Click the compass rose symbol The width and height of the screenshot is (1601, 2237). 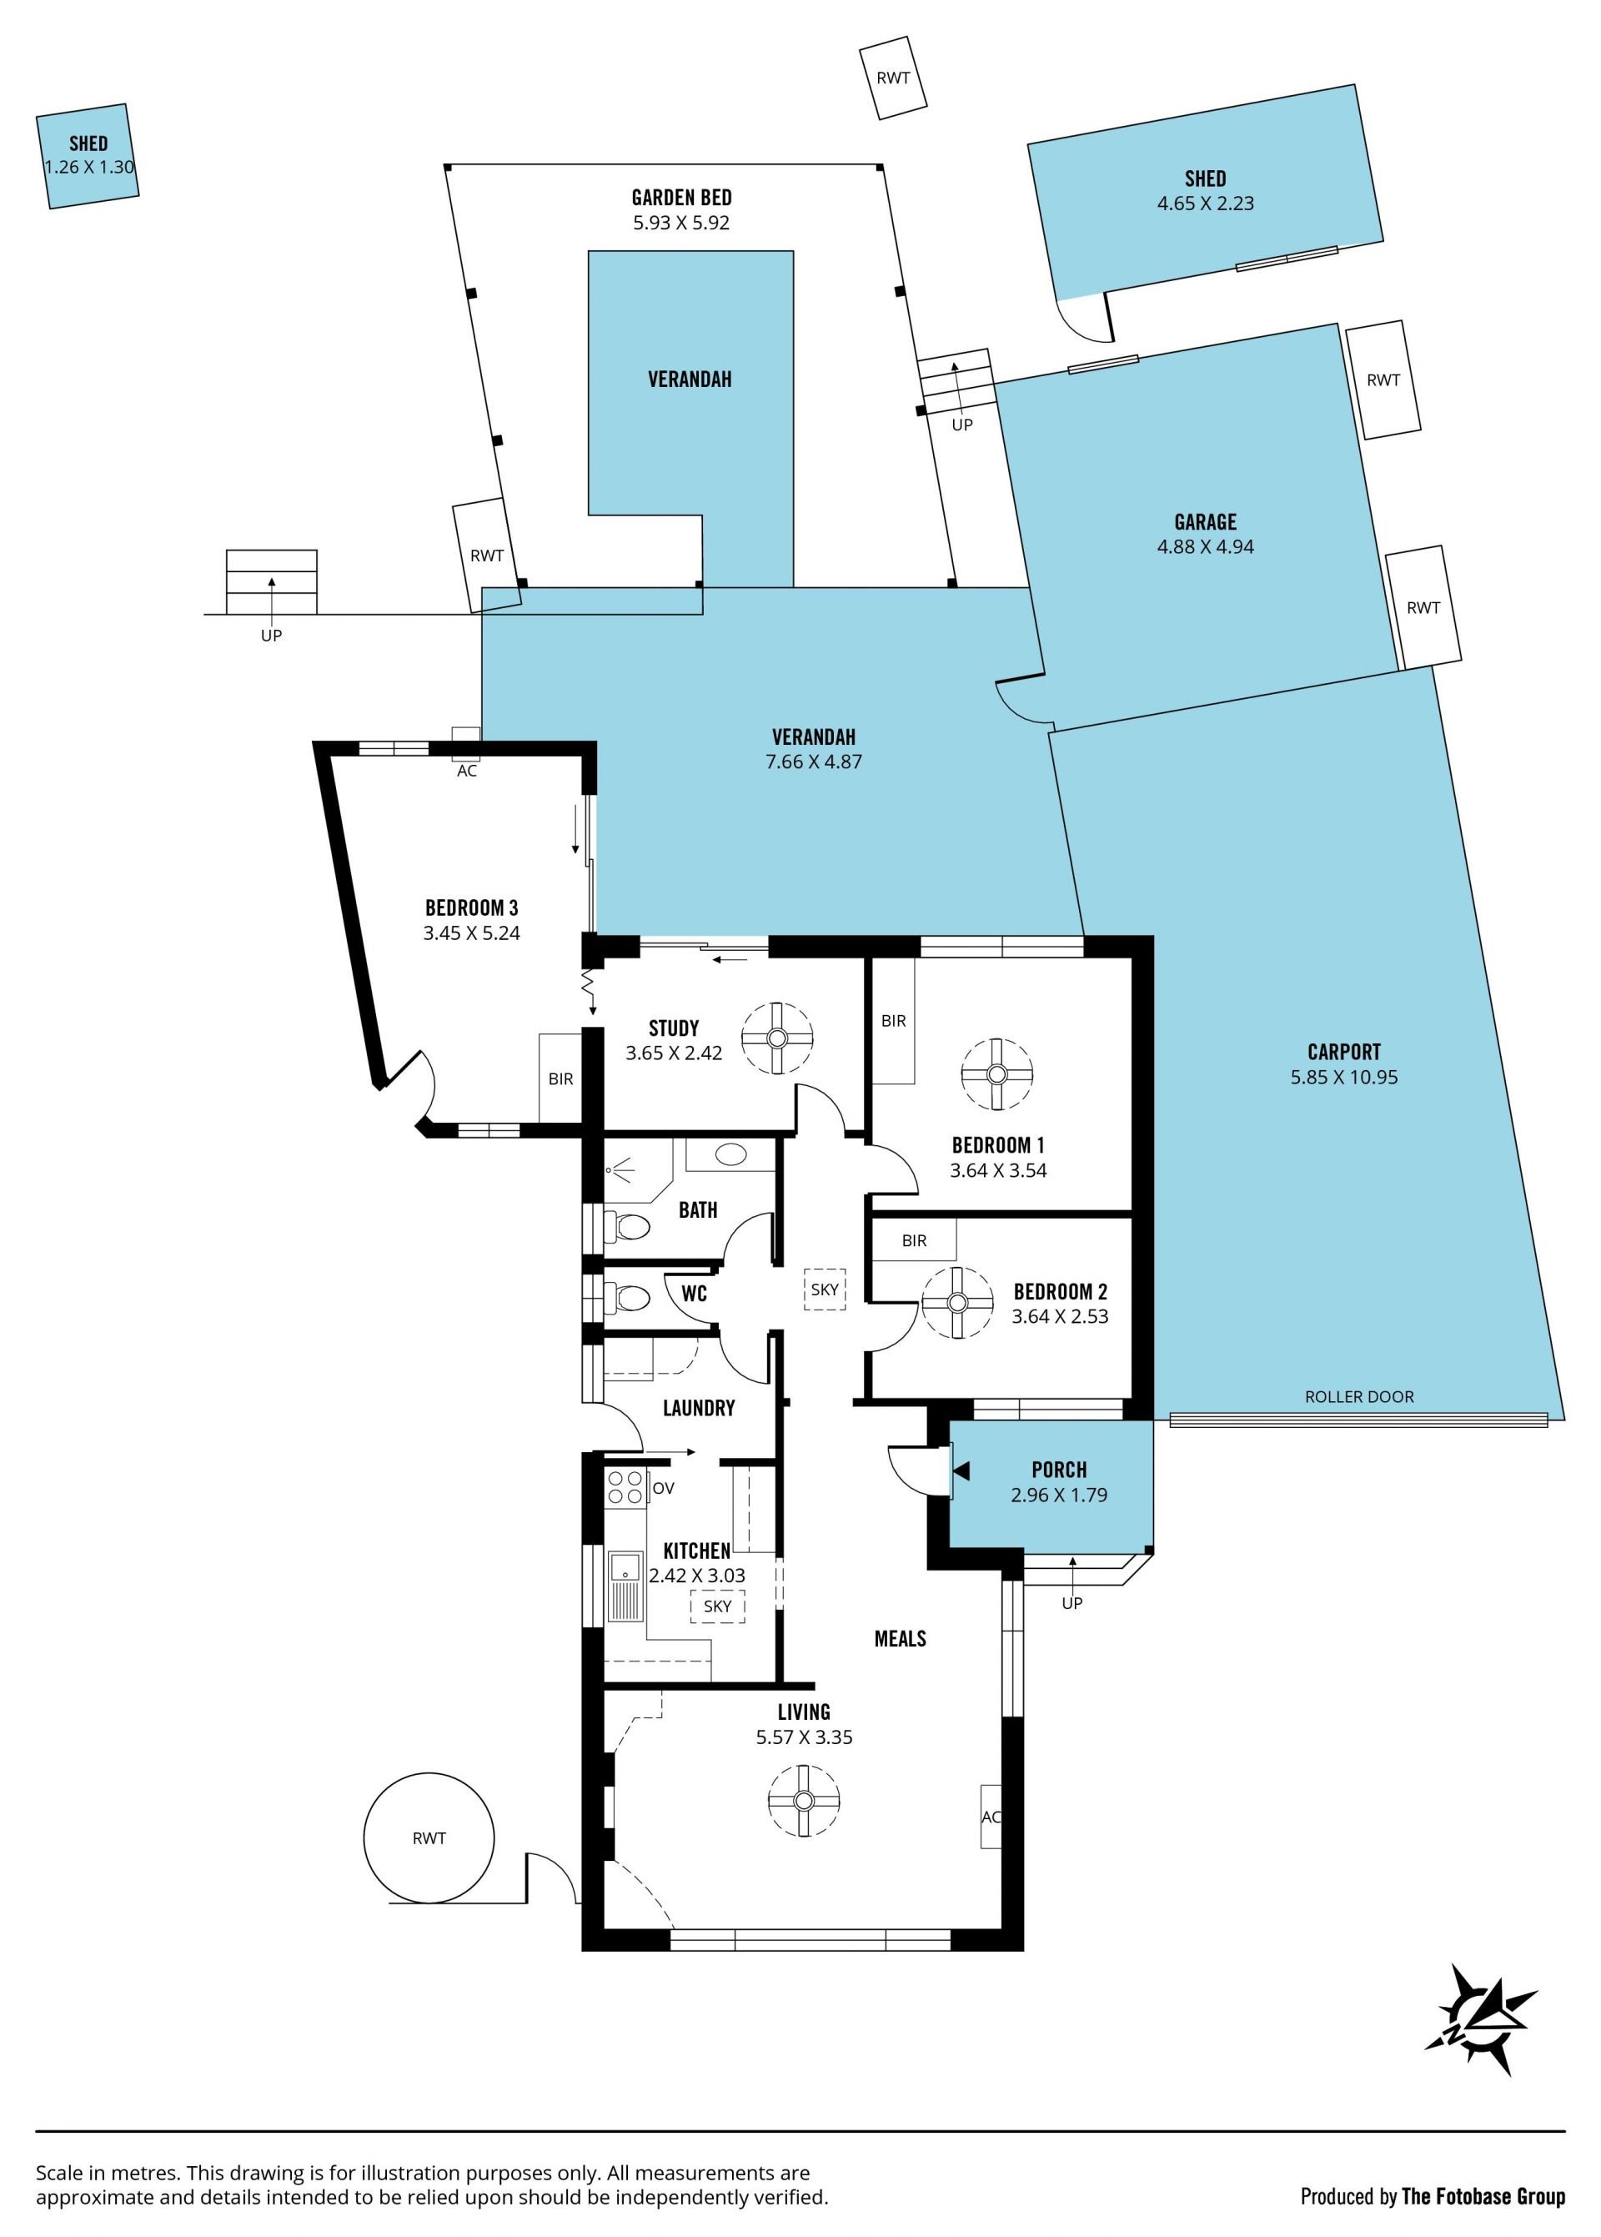click(1480, 2032)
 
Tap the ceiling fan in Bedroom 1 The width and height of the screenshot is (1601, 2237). click(996, 1073)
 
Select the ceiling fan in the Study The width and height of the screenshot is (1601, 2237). click(777, 1038)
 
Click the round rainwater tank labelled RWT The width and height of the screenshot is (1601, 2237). click(429, 1837)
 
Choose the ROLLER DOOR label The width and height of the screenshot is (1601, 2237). click(1358, 1397)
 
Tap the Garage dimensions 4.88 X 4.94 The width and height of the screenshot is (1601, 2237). click(1205, 547)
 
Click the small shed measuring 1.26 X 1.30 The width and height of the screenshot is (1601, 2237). click(88, 156)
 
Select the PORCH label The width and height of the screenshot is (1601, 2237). click(1059, 1470)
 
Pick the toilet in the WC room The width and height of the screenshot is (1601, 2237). click(626, 1298)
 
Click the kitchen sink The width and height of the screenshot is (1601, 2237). click(625, 1586)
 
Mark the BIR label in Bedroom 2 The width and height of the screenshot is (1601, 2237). click(914, 1241)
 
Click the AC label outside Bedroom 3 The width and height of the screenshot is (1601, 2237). click(466, 771)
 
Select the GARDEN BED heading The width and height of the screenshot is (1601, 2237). click(681, 197)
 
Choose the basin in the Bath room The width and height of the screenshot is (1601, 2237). click(730, 1154)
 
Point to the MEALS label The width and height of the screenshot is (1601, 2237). click(900, 1639)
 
